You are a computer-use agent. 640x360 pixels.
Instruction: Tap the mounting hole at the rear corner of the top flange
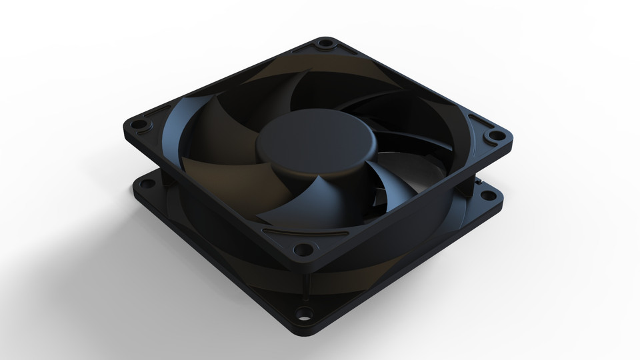click(x=325, y=45)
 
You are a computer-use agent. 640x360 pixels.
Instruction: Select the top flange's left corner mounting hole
click(x=139, y=127)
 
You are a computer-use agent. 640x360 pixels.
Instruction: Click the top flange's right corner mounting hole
click(x=495, y=136)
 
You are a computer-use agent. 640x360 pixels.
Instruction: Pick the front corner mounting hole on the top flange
click(x=303, y=251)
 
